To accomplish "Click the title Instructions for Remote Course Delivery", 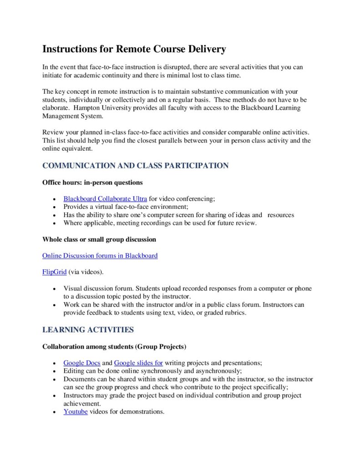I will pos(134,49).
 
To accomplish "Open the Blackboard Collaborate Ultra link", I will pos(105,198).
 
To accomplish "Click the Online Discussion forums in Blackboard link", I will pos(100,256).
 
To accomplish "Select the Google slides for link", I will pos(138,363).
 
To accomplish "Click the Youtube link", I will pos(76,412).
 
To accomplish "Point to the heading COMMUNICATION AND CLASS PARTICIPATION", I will pos(135,166).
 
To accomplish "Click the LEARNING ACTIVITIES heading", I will pos(88,329).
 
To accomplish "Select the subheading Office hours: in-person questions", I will pos(92,182).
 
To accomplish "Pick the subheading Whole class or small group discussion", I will pos(99,239).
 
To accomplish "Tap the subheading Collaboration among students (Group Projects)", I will pos(114,347).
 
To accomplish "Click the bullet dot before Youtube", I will pos(54,412).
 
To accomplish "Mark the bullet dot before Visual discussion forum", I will pos(54,289).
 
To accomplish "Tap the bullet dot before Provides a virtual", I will pos(54,207).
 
